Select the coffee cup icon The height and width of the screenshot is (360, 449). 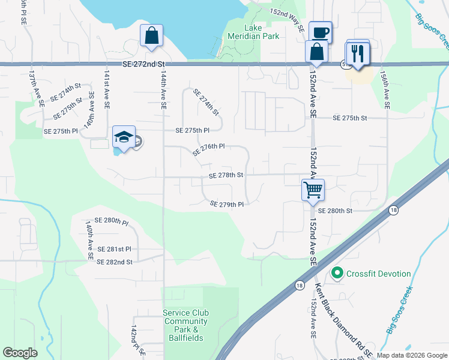pyautogui.click(x=320, y=32)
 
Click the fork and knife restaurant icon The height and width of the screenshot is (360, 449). pyautogui.click(x=357, y=53)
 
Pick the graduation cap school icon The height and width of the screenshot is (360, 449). pyautogui.click(x=124, y=137)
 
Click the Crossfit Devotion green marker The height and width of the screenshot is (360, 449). pyautogui.click(x=337, y=274)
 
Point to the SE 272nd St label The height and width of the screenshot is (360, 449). pyautogui.click(x=143, y=64)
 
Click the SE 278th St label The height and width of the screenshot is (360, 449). pyautogui.click(x=226, y=175)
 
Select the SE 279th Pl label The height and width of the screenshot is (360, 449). pyautogui.click(x=227, y=205)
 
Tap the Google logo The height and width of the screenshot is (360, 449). pyautogui.click(x=20, y=352)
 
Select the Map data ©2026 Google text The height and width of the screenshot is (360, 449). pyautogui.click(x=412, y=355)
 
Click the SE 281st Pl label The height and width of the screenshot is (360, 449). pyautogui.click(x=113, y=249)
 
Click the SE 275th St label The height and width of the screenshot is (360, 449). pyautogui.click(x=350, y=118)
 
